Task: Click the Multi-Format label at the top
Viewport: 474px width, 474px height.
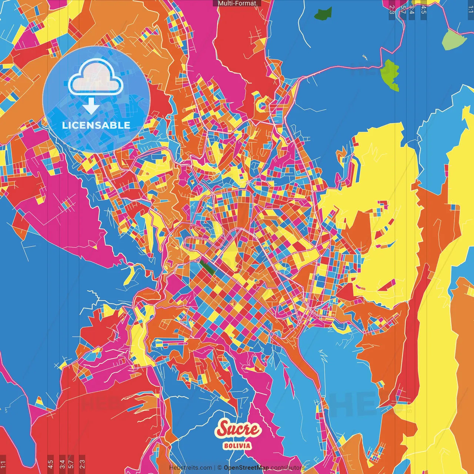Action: click(x=237, y=3)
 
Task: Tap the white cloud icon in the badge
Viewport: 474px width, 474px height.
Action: click(x=96, y=79)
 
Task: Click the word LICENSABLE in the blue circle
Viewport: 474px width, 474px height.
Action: click(x=96, y=125)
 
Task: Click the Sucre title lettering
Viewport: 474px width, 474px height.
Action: click(x=239, y=429)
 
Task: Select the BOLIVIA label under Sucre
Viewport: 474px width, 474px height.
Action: click(x=237, y=446)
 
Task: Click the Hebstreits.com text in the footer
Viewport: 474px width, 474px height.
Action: click(x=190, y=468)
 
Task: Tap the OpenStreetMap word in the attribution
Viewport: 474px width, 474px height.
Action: click(x=246, y=468)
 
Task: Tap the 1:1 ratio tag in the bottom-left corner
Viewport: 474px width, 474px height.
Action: click(x=3, y=464)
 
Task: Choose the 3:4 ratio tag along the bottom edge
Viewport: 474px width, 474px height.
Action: click(x=62, y=464)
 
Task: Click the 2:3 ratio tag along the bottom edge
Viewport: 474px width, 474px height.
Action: click(x=82, y=464)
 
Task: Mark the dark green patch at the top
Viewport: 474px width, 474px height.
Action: click(x=323, y=14)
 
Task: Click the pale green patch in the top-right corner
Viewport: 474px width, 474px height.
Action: click(x=453, y=40)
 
